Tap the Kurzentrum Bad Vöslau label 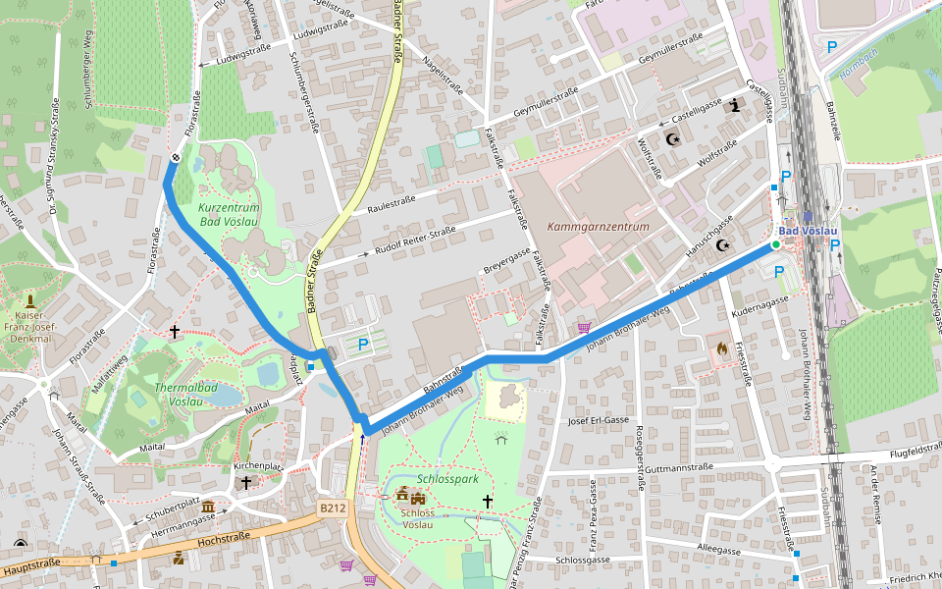click(229, 215)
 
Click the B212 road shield click(333, 508)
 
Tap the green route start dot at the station click(775, 244)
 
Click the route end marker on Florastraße click(176, 157)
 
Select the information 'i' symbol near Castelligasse click(734, 106)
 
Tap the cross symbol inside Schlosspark click(487, 502)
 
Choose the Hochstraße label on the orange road click(224, 538)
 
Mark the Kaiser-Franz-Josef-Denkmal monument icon click(31, 301)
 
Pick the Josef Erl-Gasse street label click(598, 420)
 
